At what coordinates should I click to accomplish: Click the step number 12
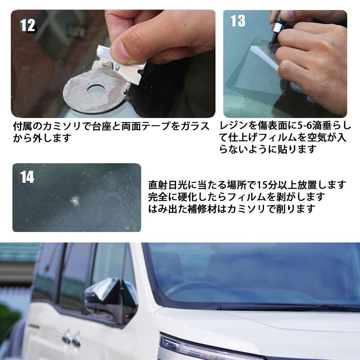point(28,25)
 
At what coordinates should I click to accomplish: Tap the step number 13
point(238,21)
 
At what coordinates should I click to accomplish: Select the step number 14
point(27,177)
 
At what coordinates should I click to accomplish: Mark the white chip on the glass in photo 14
point(74,201)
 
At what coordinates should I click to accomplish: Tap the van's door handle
point(72,337)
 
